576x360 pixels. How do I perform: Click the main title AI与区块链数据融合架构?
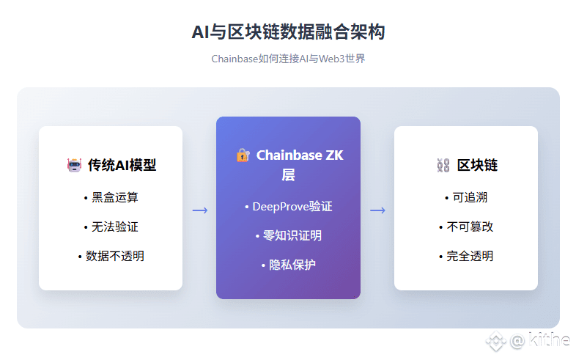pos(289,32)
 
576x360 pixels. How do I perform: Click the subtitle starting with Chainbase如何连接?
pos(289,59)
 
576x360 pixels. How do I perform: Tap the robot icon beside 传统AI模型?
pos(74,165)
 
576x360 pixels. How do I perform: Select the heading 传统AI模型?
pos(122,165)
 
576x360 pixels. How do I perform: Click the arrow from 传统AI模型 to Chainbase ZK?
pos(200,210)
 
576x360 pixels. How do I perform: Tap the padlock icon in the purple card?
pos(243,155)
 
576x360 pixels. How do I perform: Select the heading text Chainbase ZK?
pos(300,155)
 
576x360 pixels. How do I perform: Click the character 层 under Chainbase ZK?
pos(289,175)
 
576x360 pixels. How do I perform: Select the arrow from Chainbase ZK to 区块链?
pos(377,210)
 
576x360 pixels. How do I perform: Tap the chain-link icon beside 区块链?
pos(443,165)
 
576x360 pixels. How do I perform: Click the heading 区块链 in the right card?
pos(477,165)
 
